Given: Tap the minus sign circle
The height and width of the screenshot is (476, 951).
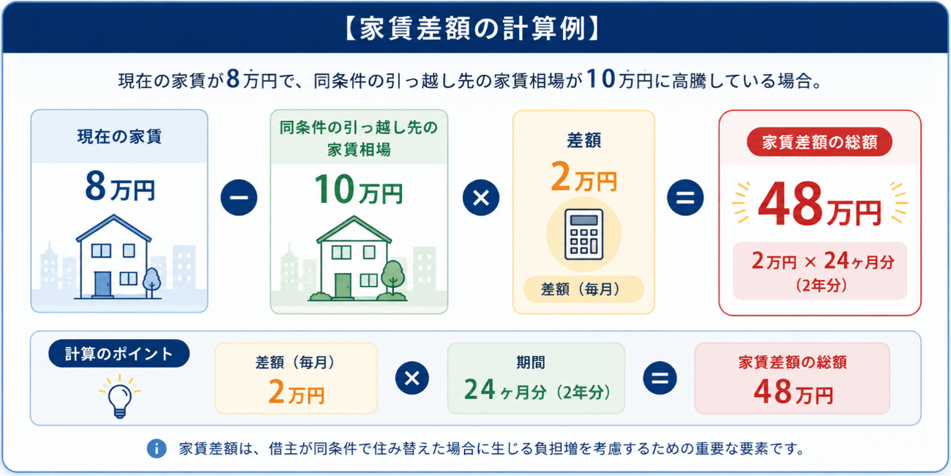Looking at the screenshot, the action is pos(239,198).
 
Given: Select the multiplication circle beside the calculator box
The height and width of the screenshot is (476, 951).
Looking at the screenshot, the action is pos(481,198).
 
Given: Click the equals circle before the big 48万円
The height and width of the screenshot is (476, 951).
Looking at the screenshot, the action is pos(685,198).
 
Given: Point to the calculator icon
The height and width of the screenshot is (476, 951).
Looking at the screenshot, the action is pos(583,234).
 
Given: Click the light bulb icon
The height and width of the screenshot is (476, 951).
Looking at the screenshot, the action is pos(120,397).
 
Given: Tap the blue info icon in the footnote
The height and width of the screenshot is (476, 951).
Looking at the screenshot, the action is pos(157,448).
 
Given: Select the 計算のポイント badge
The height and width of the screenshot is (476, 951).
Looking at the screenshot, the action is pos(119,353).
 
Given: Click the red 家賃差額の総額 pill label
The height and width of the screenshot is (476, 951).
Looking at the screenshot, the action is pos(819,142).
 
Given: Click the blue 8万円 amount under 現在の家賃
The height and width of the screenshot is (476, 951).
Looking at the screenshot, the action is pos(120,187).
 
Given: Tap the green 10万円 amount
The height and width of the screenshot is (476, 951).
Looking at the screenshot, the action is pos(359,190).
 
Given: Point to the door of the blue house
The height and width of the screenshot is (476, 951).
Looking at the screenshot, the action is pos(102,283).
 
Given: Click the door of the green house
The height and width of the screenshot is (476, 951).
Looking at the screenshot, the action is pos(343,286).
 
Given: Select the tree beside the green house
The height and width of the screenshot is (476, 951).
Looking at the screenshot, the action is pos(392,277).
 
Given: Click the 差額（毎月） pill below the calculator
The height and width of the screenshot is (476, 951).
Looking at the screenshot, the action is pos(583,289).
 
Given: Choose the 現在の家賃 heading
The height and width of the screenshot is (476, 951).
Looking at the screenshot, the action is pos(120,137).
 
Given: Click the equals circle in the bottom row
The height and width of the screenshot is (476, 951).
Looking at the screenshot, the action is pos(660,378).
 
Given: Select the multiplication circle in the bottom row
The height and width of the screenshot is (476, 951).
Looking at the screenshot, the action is pos(412,378).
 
